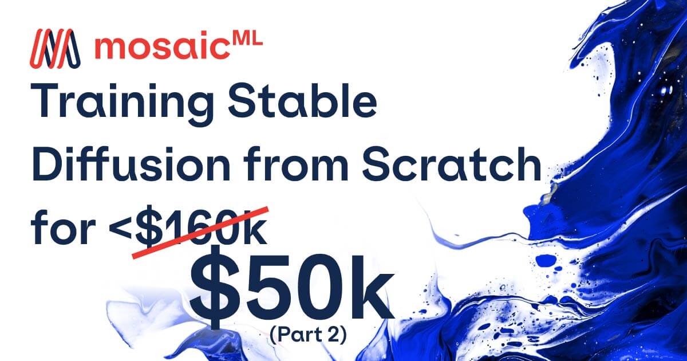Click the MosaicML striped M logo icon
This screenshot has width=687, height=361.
pyautogui.click(x=55, y=49)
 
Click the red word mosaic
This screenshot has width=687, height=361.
pyautogui.click(x=164, y=48)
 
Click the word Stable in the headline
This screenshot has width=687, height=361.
pyautogui.click(x=302, y=99)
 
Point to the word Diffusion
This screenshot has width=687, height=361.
pyautogui.click(x=131, y=165)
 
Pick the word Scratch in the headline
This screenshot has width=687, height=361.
pyautogui.click(x=451, y=165)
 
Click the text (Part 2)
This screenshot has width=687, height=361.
pyautogui.click(x=308, y=334)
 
